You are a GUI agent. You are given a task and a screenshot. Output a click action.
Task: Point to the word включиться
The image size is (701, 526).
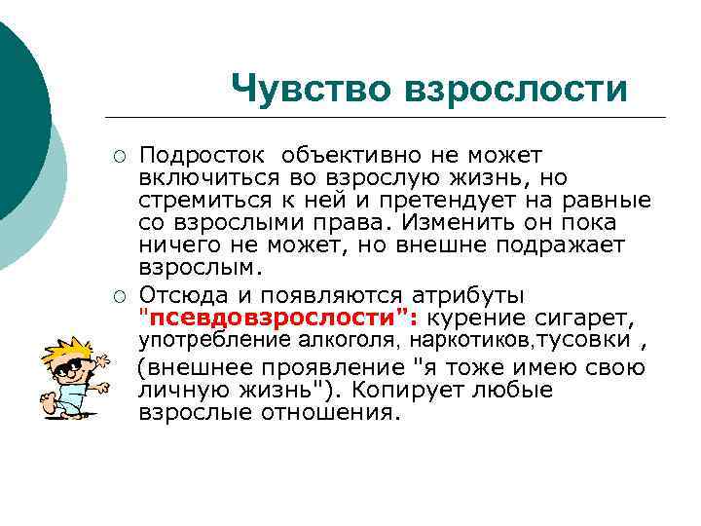pyautogui.click(x=210, y=177)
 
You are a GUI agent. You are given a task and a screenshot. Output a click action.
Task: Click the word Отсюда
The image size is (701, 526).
pyautogui.click(x=186, y=295)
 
